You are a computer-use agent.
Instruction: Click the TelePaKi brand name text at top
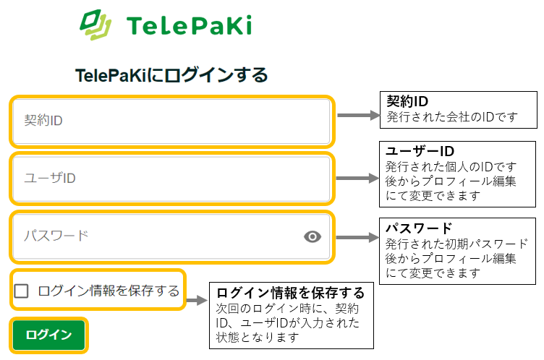pyautogui.click(x=189, y=26)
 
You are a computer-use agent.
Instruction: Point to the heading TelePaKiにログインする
pyautogui.click(x=171, y=74)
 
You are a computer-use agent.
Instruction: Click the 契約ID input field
pyautogui.click(x=171, y=120)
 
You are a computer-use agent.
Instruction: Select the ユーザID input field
pyautogui.click(x=171, y=178)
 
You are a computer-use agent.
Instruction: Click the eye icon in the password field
pyautogui.click(x=313, y=236)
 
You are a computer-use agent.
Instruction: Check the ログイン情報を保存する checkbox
pyautogui.click(x=22, y=291)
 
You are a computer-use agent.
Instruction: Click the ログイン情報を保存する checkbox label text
pyautogui.click(x=109, y=291)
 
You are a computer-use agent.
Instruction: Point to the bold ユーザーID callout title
pyautogui.click(x=419, y=151)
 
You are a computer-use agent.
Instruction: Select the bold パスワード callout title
pyautogui.click(x=419, y=228)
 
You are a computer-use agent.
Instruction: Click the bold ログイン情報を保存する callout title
pyautogui.click(x=290, y=293)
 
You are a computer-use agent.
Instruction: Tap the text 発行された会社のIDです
pyautogui.click(x=452, y=116)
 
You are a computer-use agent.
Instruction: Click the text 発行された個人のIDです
pyautogui.click(x=452, y=167)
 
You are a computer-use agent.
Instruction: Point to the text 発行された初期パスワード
pyautogui.click(x=457, y=244)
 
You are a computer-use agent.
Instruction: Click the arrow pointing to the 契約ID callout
pyautogui.click(x=359, y=116)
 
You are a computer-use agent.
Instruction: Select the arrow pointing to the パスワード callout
pyautogui.click(x=359, y=236)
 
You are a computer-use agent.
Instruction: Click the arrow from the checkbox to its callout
pyautogui.click(x=197, y=298)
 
